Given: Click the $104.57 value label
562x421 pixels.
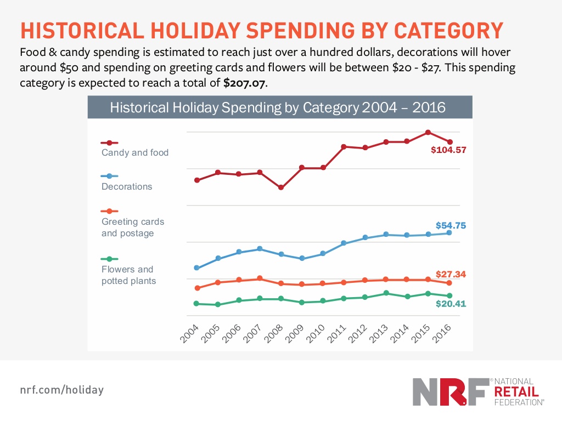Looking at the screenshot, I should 448,150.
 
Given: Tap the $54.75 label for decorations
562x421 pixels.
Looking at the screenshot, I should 451,225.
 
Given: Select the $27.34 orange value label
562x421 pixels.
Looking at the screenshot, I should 451,274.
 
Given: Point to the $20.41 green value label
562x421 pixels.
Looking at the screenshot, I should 451,303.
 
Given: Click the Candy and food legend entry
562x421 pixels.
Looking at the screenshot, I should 134,152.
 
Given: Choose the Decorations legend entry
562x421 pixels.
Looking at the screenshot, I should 127,186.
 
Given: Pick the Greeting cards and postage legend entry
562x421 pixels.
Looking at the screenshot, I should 132,227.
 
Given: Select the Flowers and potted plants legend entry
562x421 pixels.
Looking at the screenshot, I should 128,275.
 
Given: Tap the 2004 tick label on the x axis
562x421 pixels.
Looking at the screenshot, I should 189,332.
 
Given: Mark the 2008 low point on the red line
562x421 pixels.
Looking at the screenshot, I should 281,187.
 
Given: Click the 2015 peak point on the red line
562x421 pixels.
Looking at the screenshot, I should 428,133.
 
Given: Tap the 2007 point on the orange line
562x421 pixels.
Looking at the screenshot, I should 260,278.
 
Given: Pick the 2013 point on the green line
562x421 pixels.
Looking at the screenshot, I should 386,293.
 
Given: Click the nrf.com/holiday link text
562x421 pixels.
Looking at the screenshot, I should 61,390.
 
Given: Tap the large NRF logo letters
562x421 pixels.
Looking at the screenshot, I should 450,391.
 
